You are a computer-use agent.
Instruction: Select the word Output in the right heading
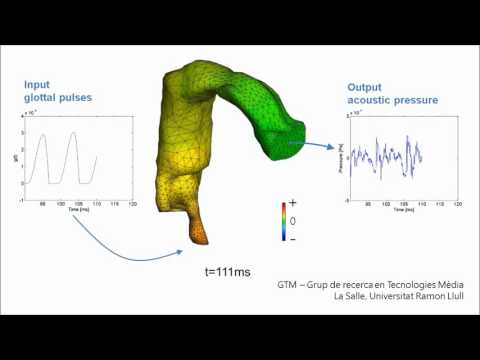(363, 88)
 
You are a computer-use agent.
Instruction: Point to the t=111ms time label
(225, 270)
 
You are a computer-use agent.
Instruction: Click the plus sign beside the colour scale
(292, 205)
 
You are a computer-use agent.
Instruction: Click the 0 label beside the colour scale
(293, 220)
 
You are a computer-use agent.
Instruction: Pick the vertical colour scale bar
(283, 221)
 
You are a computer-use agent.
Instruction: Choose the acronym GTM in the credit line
(289, 284)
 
